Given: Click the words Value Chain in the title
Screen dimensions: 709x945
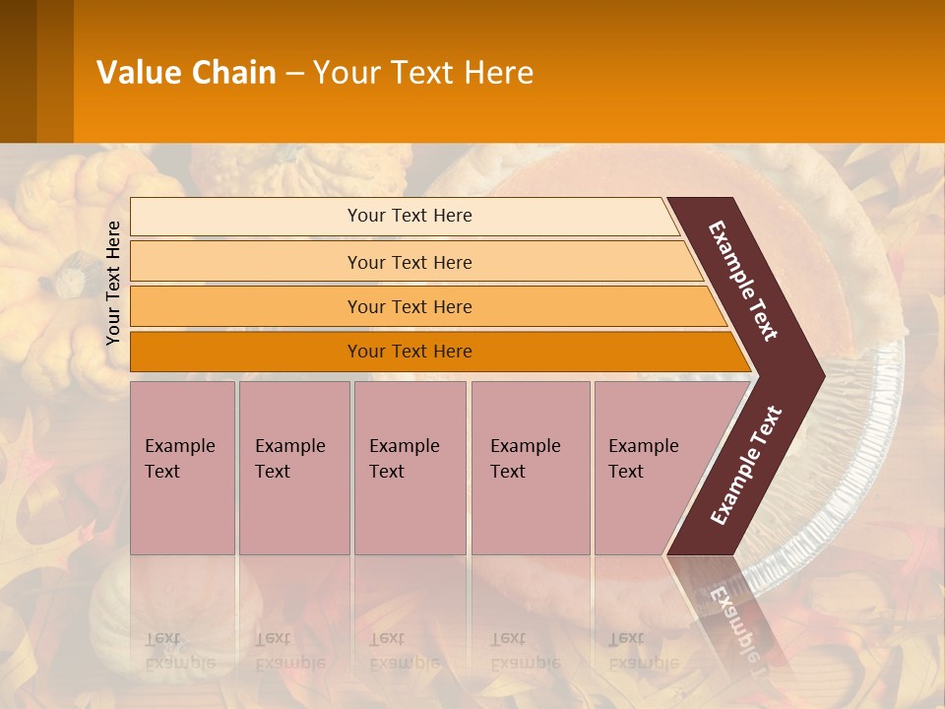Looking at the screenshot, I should pyautogui.click(x=186, y=72).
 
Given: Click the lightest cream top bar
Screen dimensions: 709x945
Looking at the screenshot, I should pyautogui.click(x=246, y=217).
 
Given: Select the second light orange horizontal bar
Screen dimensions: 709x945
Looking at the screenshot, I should pyautogui.click(x=246, y=262).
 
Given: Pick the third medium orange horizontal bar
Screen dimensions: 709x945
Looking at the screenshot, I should pyautogui.click(x=246, y=307).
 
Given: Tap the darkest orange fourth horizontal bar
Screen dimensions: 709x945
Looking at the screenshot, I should pyautogui.click(x=246, y=352).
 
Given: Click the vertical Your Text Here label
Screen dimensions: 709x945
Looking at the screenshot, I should pyautogui.click(x=113, y=283).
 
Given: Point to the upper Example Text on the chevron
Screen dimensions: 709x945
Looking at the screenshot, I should pyautogui.click(x=743, y=281).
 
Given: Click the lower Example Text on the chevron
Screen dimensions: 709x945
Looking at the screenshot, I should pyautogui.click(x=746, y=465).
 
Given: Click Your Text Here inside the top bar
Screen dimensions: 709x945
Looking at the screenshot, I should pyautogui.click(x=409, y=216).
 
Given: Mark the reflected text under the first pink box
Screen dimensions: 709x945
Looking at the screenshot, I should pyautogui.click(x=179, y=651).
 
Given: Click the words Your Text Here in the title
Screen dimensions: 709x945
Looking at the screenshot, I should pyautogui.click(x=423, y=72).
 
